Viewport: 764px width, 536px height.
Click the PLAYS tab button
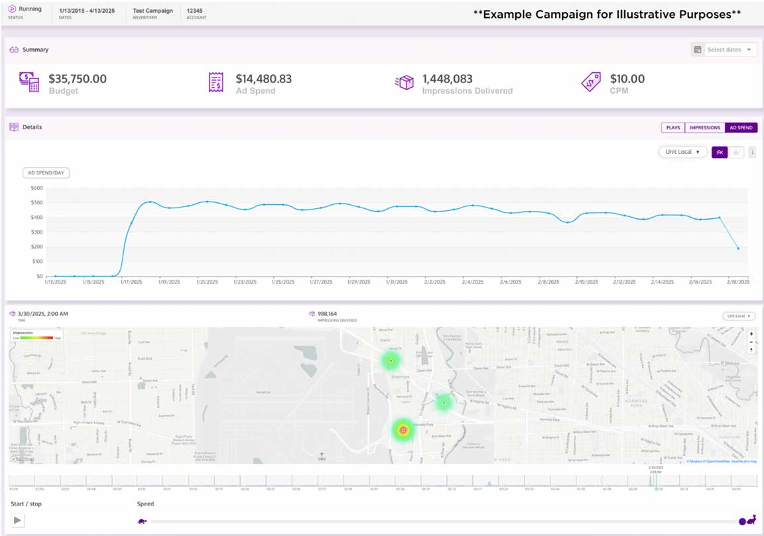[672, 127]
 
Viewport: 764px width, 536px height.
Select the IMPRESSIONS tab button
[704, 127]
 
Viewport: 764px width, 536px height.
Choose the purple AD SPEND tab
[741, 127]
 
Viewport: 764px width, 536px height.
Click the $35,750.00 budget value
[78, 79]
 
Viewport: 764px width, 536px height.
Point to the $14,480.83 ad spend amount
[263, 79]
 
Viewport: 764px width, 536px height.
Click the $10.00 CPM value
[627, 79]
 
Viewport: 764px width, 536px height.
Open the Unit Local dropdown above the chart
[682, 152]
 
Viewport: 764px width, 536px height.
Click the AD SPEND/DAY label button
[46, 172]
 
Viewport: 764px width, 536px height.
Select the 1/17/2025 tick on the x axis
[131, 282]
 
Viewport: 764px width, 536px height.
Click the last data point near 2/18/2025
[738, 248]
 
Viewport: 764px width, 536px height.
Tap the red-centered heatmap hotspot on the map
[403, 431]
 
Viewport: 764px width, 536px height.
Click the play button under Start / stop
[18, 521]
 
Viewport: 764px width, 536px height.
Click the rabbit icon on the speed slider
[751, 521]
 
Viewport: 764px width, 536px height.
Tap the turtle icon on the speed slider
[142, 521]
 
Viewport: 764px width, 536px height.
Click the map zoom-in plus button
[751, 334]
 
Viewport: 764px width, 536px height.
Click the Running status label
[30, 9]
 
